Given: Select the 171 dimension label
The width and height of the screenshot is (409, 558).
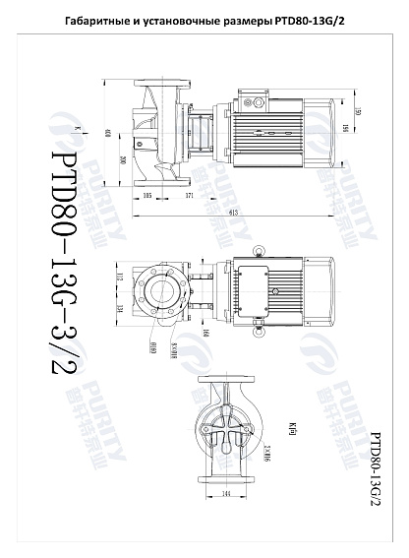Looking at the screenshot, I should pos(189,197).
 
